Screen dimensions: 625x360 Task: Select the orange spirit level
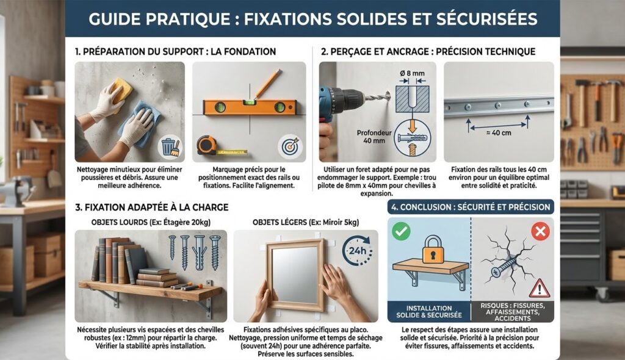click(x=250, y=106)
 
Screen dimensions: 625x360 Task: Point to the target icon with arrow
click(x=290, y=146)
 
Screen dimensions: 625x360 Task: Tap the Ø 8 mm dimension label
click(x=412, y=73)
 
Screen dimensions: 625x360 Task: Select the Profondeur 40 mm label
click(x=374, y=136)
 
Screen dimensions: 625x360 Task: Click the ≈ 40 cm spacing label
click(x=499, y=133)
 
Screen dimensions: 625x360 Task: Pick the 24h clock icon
click(x=356, y=251)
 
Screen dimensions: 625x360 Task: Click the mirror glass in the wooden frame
click(x=295, y=275)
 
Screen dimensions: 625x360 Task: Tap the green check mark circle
click(x=401, y=232)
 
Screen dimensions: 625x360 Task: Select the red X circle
click(x=540, y=231)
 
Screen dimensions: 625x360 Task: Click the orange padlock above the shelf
click(x=433, y=250)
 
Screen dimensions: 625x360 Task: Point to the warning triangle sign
click(x=540, y=288)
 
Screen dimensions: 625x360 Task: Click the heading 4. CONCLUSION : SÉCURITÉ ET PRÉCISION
click(x=471, y=207)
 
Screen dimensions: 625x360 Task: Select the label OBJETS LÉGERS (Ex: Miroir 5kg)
click(x=306, y=223)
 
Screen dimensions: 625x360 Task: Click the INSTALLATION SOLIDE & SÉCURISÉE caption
click(x=429, y=312)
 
